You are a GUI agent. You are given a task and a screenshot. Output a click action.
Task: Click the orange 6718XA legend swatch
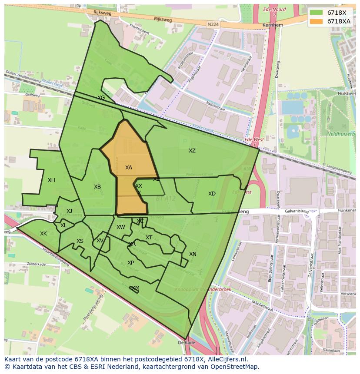click(x=316, y=21)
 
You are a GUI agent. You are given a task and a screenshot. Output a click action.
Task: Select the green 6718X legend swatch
click(x=316, y=12)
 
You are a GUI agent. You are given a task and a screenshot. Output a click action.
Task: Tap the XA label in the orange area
click(x=129, y=168)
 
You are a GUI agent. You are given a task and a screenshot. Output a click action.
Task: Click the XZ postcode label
click(x=192, y=151)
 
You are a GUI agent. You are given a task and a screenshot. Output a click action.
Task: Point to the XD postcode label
click(x=212, y=194)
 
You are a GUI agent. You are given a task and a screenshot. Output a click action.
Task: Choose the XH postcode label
click(x=51, y=180)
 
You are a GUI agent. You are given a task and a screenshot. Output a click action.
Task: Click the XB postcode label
click(x=97, y=187)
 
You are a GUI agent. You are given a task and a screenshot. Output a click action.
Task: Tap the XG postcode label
click(x=101, y=98)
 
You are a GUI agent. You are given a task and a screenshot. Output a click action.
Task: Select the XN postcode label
click(x=193, y=254)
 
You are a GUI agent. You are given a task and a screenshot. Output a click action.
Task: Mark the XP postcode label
click(x=130, y=263)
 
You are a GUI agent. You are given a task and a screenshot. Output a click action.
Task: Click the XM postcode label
click(x=136, y=288)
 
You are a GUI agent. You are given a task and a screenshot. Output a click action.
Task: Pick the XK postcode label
click(x=43, y=234)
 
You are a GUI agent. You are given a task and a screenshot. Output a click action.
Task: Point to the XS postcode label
click(x=80, y=241)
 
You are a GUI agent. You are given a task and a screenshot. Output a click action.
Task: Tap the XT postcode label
click(x=149, y=238)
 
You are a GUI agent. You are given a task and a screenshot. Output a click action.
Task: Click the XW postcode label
click(x=121, y=227)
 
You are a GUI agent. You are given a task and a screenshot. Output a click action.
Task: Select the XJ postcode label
click(x=69, y=211)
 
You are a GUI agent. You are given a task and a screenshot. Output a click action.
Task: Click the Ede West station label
click(x=254, y=140)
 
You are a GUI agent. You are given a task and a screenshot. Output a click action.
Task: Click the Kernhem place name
click(x=273, y=25)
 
